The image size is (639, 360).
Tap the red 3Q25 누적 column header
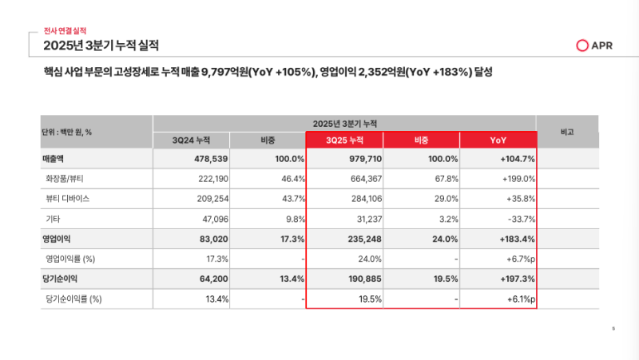tap(344, 140)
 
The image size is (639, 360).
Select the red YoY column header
tap(498, 140)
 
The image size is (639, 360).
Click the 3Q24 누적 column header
tap(190, 140)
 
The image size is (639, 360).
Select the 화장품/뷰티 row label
tap(65, 179)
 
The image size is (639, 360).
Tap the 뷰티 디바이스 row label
tap(68, 199)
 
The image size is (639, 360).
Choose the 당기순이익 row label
tap(60, 279)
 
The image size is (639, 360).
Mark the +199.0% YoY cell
tap(518, 179)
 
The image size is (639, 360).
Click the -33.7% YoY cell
tap(520, 219)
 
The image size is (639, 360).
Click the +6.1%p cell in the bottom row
tap(520, 299)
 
